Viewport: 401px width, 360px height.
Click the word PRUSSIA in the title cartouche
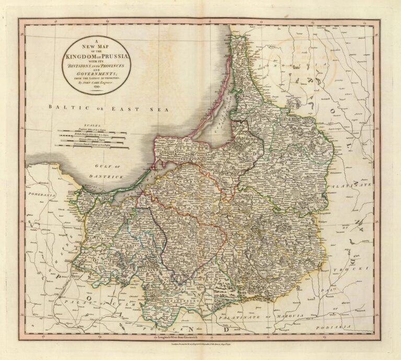point(111,55)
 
